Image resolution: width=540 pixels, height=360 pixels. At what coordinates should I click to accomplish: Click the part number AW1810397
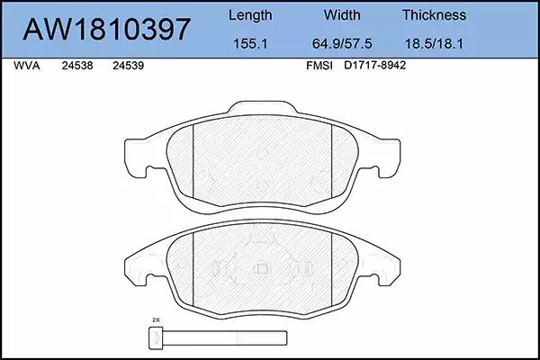[x=107, y=29]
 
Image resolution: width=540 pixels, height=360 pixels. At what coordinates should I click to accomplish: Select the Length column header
[x=250, y=16]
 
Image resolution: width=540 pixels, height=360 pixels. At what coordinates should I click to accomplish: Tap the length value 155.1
[x=250, y=44]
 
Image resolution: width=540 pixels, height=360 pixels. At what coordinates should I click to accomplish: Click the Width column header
[x=342, y=15]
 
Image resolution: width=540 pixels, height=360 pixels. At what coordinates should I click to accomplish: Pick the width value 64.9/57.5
[x=342, y=44]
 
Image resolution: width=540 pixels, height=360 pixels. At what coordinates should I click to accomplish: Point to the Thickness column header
[x=435, y=15]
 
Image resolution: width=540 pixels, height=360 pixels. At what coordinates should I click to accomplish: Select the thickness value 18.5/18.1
[x=434, y=44]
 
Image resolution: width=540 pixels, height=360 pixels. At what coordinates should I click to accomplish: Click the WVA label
[x=27, y=66]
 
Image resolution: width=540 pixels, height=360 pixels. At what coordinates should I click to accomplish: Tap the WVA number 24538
[x=77, y=66]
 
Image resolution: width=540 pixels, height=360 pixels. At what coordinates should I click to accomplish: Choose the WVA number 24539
[x=128, y=66]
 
